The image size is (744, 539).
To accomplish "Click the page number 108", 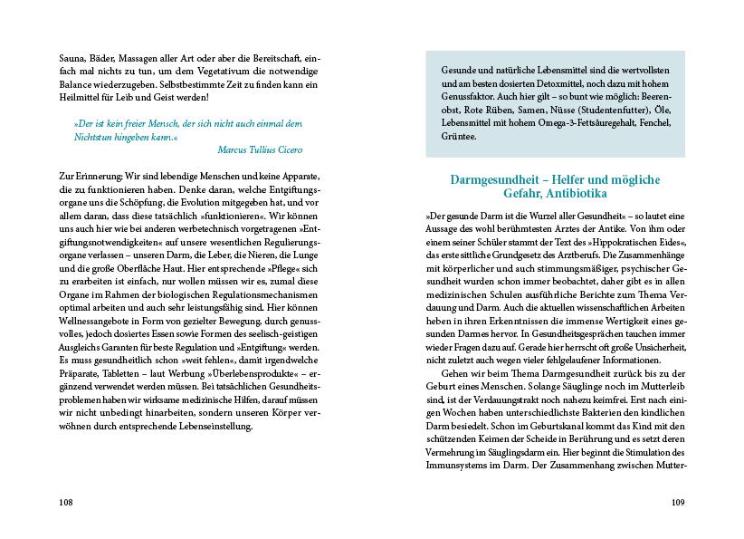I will click(x=64, y=503).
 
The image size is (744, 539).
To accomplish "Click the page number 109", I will click(x=678, y=503).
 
